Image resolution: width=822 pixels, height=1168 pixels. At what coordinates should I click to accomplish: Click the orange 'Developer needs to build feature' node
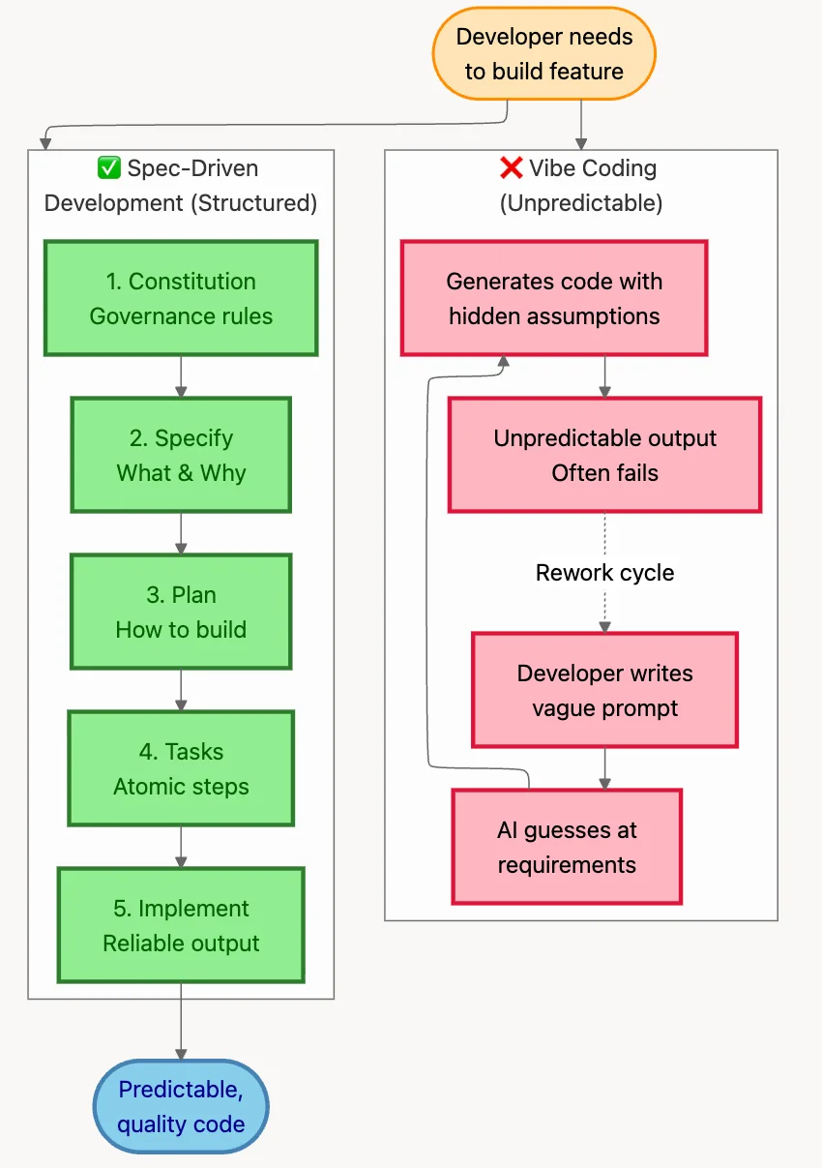tap(543, 54)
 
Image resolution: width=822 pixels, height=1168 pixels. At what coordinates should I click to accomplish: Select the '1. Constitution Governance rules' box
tap(181, 299)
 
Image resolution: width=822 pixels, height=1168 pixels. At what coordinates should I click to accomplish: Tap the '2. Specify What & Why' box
tap(181, 455)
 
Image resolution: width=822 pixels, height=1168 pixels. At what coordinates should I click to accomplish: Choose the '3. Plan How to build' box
tap(181, 612)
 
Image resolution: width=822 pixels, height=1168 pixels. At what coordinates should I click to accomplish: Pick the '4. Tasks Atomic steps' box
tap(181, 768)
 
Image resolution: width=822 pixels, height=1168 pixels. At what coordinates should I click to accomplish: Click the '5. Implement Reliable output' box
tap(181, 925)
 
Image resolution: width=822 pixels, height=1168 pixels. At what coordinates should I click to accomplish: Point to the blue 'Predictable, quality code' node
tap(181, 1106)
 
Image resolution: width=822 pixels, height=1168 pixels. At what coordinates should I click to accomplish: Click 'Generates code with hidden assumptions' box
tap(554, 299)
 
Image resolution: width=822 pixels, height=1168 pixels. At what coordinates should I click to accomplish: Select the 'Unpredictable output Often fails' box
tap(604, 455)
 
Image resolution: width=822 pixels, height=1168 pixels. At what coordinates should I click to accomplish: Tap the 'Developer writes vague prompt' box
tap(604, 690)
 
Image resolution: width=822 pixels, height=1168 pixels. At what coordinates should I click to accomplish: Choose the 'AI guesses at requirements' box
tap(567, 847)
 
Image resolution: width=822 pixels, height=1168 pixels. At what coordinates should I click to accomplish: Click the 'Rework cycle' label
tap(604, 573)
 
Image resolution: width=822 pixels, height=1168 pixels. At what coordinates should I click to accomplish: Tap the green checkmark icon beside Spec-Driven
tap(109, 168)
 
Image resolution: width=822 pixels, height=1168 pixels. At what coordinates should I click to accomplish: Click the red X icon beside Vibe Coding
tap(511, 168)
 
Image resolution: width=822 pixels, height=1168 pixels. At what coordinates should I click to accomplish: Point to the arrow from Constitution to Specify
tap(181, 376)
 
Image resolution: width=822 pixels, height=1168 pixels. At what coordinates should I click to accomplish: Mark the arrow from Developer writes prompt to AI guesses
tap(604, 768)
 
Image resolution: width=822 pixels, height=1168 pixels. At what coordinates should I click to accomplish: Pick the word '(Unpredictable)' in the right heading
tap(580, 203)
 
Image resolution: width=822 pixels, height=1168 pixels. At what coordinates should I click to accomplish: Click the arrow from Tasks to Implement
tap(181, 847)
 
